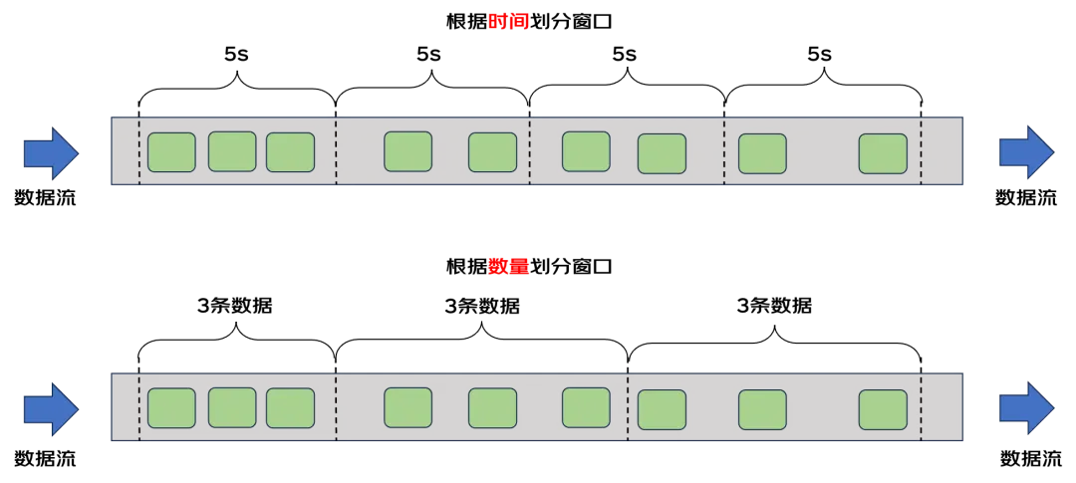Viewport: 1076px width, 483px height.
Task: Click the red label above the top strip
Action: [508, 22]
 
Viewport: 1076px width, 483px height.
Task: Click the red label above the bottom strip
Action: [508, 267]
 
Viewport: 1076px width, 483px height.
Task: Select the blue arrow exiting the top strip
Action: [1026, 152]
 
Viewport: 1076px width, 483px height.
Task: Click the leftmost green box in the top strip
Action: [171, 152]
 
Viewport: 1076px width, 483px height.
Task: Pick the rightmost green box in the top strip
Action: [883, 153]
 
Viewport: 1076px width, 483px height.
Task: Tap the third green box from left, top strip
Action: [290, 152]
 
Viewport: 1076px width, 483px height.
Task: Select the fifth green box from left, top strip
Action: [492, 152]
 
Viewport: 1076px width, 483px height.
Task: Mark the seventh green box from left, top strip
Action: [662, 153]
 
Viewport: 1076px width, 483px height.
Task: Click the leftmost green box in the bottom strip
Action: [171, 408]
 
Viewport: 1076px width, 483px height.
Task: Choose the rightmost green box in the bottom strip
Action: [883, 409]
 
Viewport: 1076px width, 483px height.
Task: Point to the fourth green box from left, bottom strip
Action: [407, 407]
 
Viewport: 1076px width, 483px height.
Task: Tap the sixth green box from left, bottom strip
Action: [586, 407]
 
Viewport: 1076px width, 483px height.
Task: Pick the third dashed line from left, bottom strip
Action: [628, 406]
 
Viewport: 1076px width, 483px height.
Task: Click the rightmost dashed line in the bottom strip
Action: [922, 406]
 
